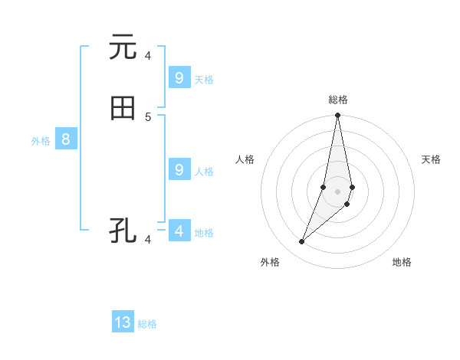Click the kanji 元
[123, 47]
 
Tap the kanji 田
[123, 109]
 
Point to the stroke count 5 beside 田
[148, 116]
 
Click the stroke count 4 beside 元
[148, 55]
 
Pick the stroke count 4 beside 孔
[148, 240]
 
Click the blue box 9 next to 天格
[179, 77]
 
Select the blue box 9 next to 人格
[179, 169]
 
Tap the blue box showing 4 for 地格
[179, 231]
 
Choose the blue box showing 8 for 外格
[66, 139]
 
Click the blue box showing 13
[123, 322]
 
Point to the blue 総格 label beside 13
[147, 324]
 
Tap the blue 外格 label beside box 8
[41, 141]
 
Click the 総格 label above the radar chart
[338, 100]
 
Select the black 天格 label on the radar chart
[431, 159]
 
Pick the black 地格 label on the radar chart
[402, 262]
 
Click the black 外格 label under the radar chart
[270, 262]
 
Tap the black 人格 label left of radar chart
[245, 159]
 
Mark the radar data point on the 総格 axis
[338, 116]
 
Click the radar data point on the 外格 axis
[302, 242]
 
